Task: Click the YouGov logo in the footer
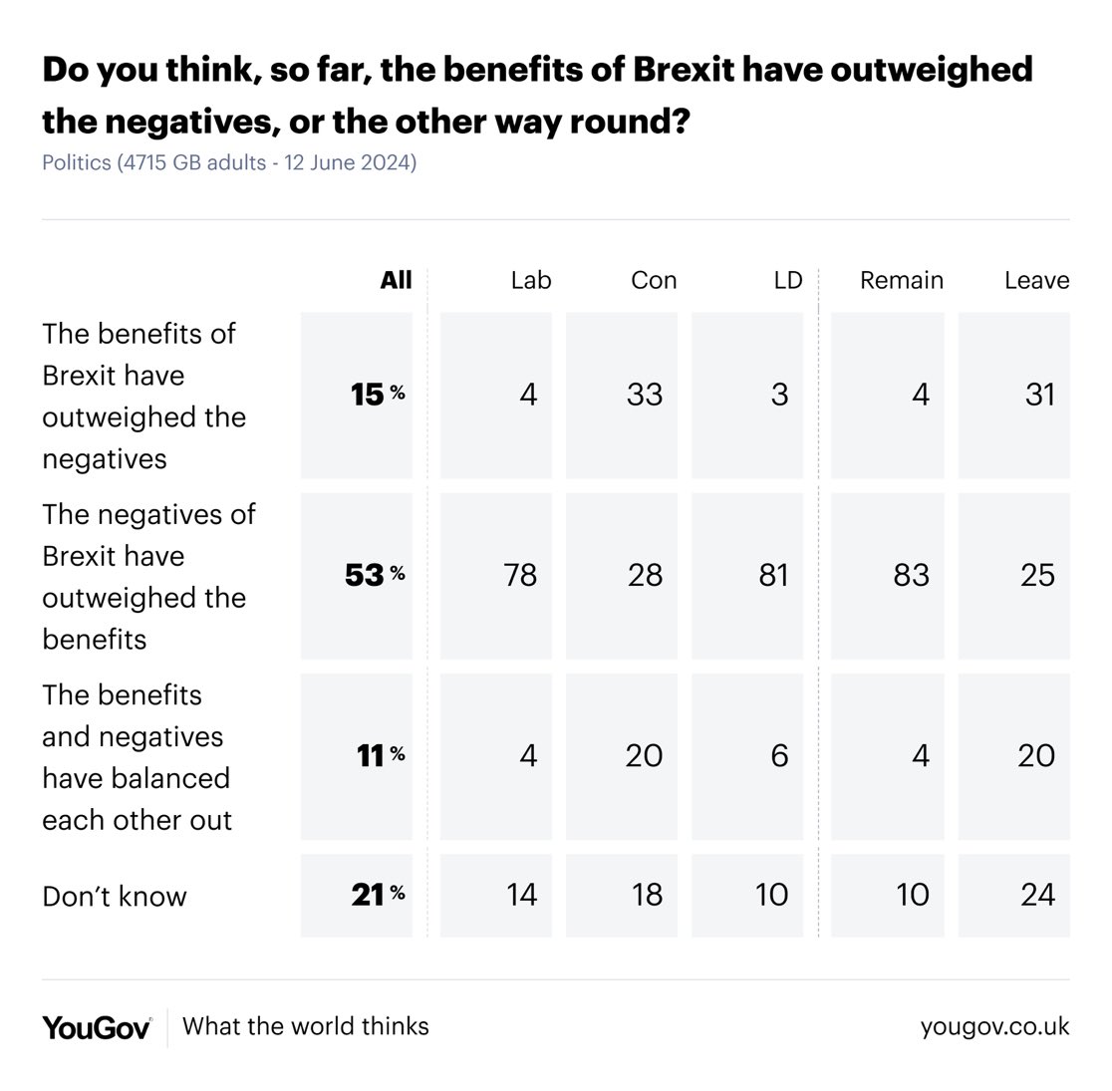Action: point(97,1027)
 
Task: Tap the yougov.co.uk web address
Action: point(994,1026)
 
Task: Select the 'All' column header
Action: point(396,280)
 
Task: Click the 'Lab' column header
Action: point(530,280)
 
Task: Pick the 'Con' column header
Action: point(654,280)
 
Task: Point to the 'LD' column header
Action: point(787,280)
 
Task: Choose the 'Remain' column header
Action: point(901,280)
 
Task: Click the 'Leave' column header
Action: point(1036,280)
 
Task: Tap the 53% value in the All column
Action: point(374,575)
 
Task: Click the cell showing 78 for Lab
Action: point(520,575)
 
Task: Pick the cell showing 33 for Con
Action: point(645,395)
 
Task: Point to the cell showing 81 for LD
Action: point(773,575)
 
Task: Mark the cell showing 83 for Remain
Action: point(911,575)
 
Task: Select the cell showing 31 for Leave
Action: point(1039,395)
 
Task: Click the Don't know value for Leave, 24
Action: point(1037,895)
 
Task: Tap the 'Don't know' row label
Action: point(115,896)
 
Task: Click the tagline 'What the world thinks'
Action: point(306,1026)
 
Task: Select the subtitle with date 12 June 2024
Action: point(229,161)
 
